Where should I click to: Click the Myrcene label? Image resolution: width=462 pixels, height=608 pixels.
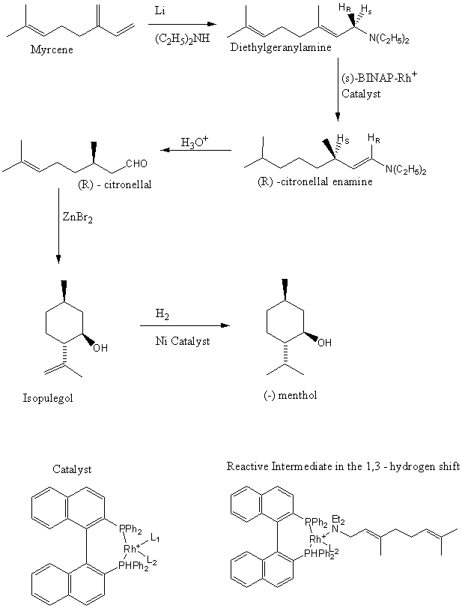point(52,50)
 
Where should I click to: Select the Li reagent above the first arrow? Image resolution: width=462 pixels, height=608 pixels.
point(159,10)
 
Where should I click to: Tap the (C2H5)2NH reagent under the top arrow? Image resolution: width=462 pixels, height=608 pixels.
point(182,39)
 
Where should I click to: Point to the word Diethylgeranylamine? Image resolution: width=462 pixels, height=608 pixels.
point(281,48)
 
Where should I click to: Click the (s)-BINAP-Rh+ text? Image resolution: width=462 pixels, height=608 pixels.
point(379,77)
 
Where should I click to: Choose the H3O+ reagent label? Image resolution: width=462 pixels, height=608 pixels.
point(195,142)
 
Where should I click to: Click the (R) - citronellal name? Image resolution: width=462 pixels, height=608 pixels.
point(115,184)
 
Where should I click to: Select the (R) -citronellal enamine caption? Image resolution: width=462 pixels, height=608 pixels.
point(314,181)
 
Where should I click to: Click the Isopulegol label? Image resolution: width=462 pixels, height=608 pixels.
point(48,398)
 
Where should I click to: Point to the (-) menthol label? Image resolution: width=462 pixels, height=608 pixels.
point(291,396)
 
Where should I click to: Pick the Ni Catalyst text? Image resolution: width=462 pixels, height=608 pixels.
point(183,341)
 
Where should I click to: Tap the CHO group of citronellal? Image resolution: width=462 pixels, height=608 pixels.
point(137,163)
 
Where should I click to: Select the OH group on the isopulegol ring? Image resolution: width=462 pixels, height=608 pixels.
point(100,348)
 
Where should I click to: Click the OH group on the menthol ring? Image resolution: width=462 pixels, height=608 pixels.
point(324,343)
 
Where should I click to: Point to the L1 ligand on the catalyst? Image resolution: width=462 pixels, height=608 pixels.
point(155,538)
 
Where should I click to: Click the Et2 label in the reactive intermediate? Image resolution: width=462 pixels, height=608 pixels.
point(338,520)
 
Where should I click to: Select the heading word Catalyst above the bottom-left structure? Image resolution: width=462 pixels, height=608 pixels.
point(72,469)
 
